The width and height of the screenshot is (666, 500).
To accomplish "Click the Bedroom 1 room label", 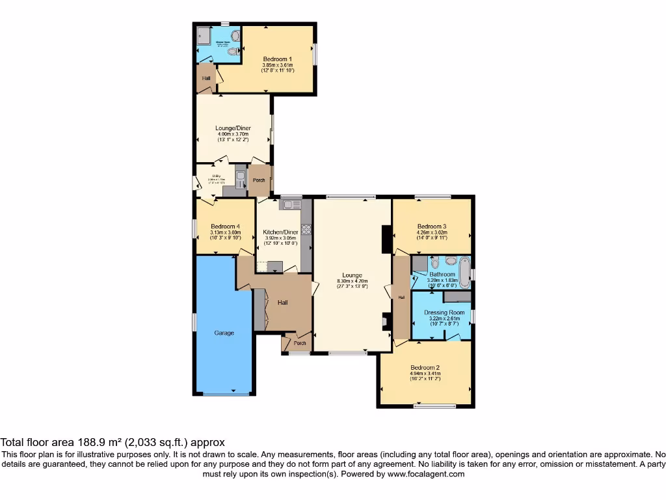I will pos(277,59).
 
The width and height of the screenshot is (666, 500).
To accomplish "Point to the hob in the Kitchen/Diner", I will pos(306,229).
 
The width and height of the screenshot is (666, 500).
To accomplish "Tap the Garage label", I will pos(224,333).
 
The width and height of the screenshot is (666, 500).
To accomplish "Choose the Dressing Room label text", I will pos(445,312).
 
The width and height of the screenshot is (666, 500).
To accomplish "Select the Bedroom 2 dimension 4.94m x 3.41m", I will pos(425,374).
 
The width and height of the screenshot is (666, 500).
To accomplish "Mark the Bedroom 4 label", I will pos(225,226).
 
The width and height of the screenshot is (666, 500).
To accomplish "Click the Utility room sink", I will pos(240,178).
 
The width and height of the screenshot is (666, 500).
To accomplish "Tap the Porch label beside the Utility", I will pos(259,180).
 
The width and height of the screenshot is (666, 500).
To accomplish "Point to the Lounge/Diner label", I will pos(233,128).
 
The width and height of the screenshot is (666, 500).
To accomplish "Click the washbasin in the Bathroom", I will pos(451,262).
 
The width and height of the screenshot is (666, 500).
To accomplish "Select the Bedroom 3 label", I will pos(432,226).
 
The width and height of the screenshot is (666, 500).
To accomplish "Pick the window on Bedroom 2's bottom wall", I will pos(434,406).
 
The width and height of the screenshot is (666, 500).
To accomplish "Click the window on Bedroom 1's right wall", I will pos(315,55).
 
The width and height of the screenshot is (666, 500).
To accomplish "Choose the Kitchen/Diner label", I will pos(280,232).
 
